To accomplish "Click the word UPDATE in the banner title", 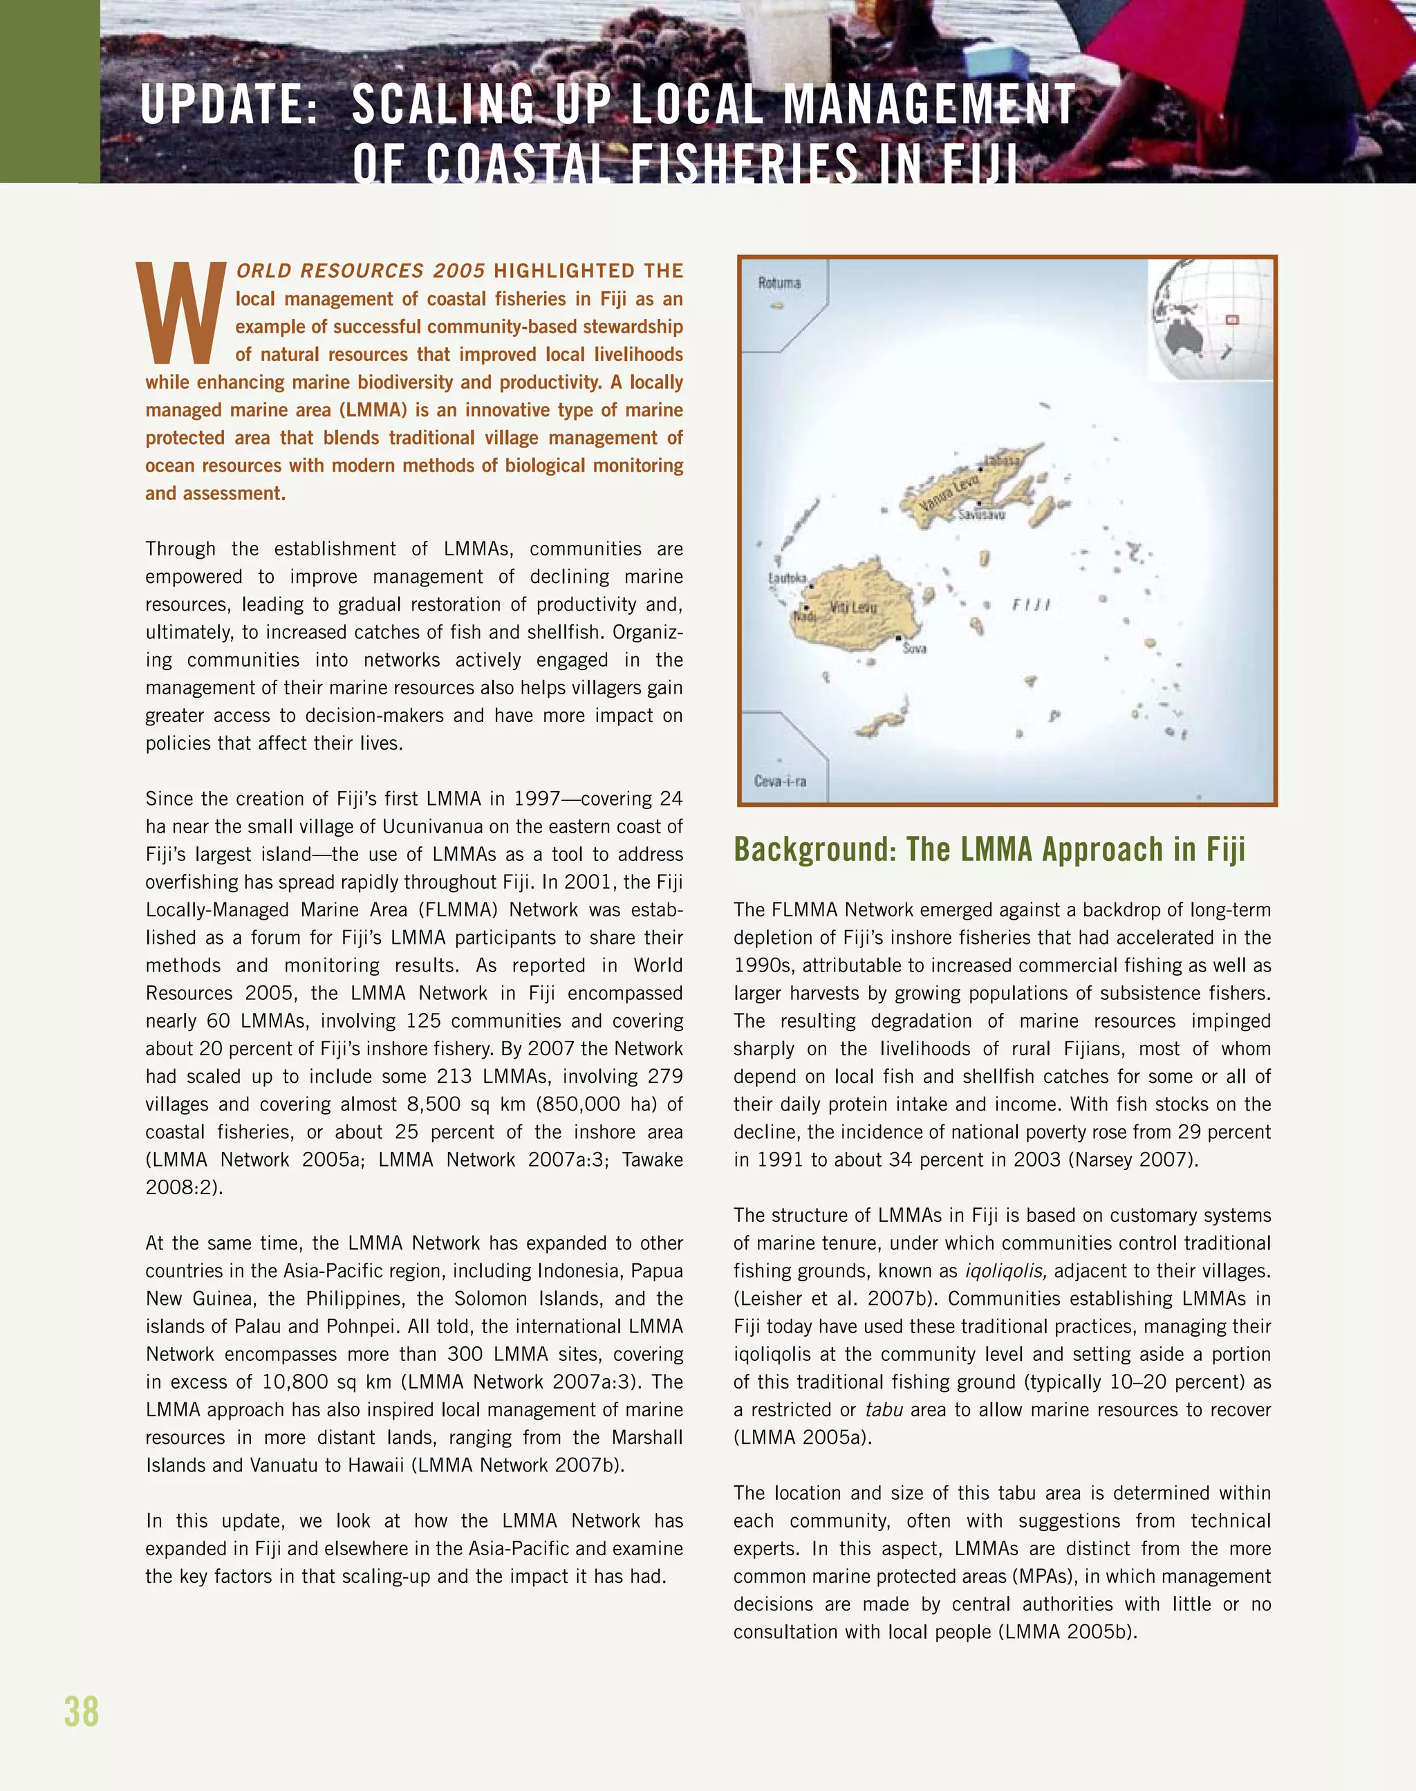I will coord(230,105).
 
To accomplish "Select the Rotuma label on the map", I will coord(779,283).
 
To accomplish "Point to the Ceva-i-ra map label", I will coord(779,781).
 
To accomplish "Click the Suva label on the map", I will coord(915,649).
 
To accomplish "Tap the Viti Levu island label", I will coord(853,607).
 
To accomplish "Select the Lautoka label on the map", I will coord(787,578).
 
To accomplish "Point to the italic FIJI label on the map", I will coord(1030,605).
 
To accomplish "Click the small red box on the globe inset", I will coord(1232,319).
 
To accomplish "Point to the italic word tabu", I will coord(883,1409).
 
